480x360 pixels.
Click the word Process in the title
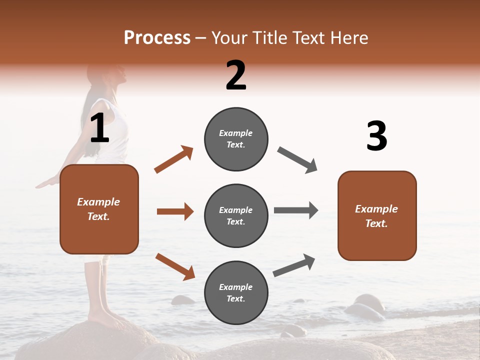pos(157,38)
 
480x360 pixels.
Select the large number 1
pos(99,128)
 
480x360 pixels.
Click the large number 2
pos(236,75)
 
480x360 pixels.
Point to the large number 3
pos(376,136)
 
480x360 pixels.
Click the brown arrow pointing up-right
pos(174,159)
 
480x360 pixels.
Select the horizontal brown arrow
pos(175,211)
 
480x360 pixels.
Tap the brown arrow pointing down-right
pos(175,266)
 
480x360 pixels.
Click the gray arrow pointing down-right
pos(297,160)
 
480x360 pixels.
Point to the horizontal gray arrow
pos(295,210)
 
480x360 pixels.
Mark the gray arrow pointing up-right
pos(294,265)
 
